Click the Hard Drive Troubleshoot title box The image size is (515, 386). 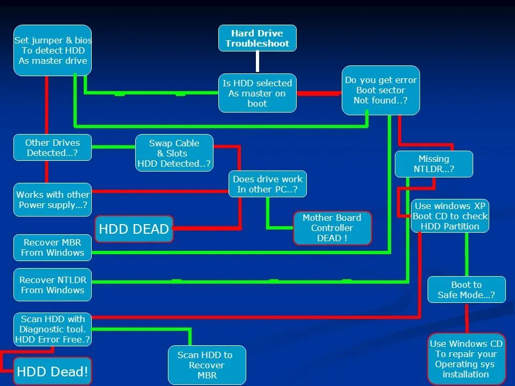pyautogui.click(x=257, y=38)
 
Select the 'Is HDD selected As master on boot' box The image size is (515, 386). pyautogui.click(x=257, y=93)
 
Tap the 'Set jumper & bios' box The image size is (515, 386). pyautogui.click(x=53, y=50)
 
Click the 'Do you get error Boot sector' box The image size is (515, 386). pyautogui.click(x=380, y=90)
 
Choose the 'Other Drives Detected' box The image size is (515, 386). pyautogui.click(x=53, y=148)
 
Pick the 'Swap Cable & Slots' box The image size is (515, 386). pyautogui.click(x=174, y=153)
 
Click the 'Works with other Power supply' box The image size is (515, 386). pyautogui.click(x=53, y=199)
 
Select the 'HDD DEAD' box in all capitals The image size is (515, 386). pyautogui.click(x=134, y=229)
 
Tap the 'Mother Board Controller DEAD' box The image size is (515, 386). pyautogui.click(x=332, y=228)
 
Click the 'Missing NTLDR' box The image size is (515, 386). pyautogui.click(x=433, y=164)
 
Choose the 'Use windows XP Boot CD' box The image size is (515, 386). pyautogui.click(x=450, y=216)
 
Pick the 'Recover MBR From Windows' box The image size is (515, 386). pyautogui.click(x=53, y=247)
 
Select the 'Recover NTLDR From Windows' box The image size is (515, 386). pyautogui.click(x=53, y=285)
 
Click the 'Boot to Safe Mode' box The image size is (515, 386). pyautogui.click(x=466, y=289)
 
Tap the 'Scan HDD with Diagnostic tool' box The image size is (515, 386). pyautogui.click(x=53, y=329)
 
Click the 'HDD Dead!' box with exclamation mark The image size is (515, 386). pyautogui.click(x=53, y=372)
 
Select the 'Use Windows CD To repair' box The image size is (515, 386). pyautogui.click(x=466, y=359)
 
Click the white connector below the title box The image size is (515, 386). pyautogui.click(x=257, y=62)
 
